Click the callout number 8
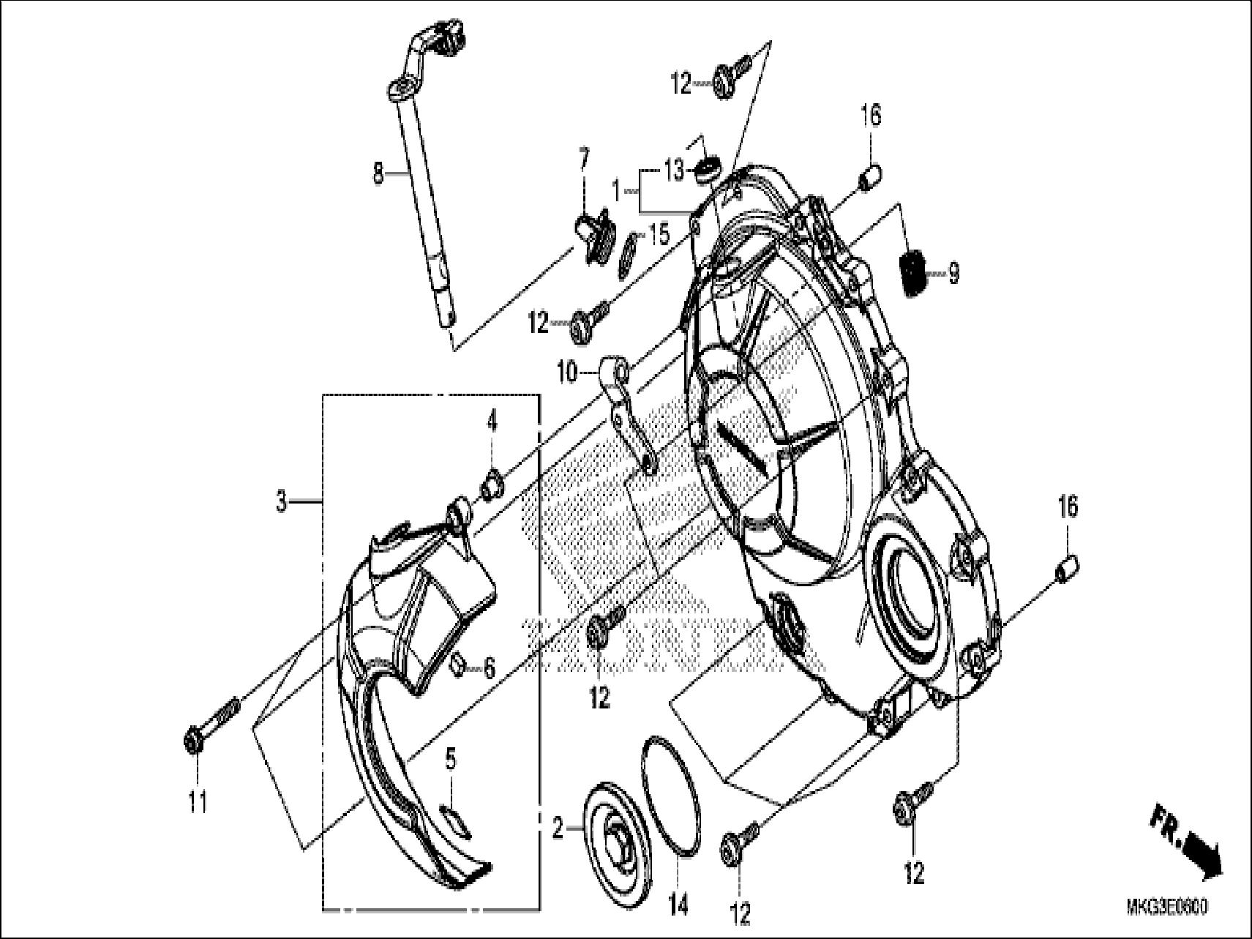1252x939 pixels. click(378, 173)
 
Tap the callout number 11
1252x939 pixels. click(198, 803)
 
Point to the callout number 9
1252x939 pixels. click(953, 274)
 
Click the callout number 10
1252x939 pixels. click(567, 375)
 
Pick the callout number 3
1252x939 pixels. click(282, 503)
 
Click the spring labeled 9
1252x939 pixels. click(912, 273)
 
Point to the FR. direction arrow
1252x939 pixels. click(1185, 842)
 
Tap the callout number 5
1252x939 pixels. click(451, 760)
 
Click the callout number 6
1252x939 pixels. click(489, 667)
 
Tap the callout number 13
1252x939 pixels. click(674, 171)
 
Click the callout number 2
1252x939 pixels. click(558, 829)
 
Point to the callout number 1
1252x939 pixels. click(616, 191)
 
